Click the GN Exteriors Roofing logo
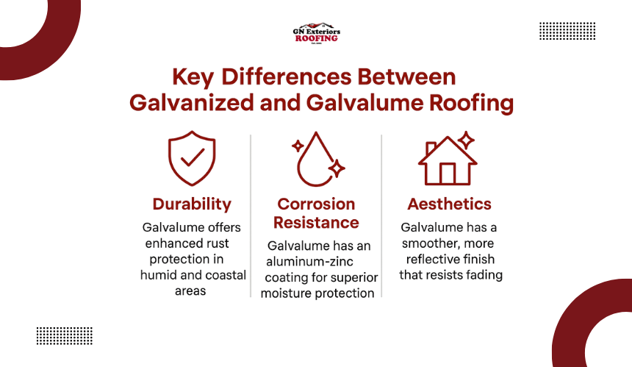coord(317,33)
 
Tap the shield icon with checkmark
coord(192,158)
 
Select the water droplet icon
coord(318,159)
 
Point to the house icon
coord(448,159)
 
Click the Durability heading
coord(192,204)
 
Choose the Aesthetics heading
coord(450,204)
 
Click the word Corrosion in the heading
coord(316,204)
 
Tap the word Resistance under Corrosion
coord(316,223)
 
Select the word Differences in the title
coord(287,76)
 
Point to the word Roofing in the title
coord(471,103)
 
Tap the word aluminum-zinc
coord(309,262)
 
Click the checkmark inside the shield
coord(193,157)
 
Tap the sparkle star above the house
coord(467,140)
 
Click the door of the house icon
coord(448,174)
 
